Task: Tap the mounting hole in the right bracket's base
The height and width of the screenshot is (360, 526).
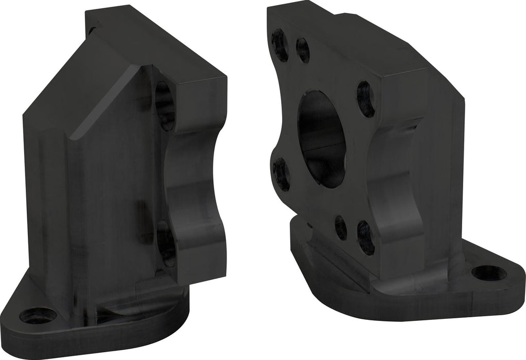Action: [488, 273]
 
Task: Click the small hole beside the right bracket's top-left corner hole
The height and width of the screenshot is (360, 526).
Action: [303, 50]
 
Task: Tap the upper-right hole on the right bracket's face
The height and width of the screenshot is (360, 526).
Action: [365, 99]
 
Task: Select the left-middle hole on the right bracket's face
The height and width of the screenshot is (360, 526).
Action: [281, 173]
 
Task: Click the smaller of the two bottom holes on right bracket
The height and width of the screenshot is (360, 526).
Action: [341, 228]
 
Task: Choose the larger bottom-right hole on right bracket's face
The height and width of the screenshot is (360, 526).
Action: [365, 237]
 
